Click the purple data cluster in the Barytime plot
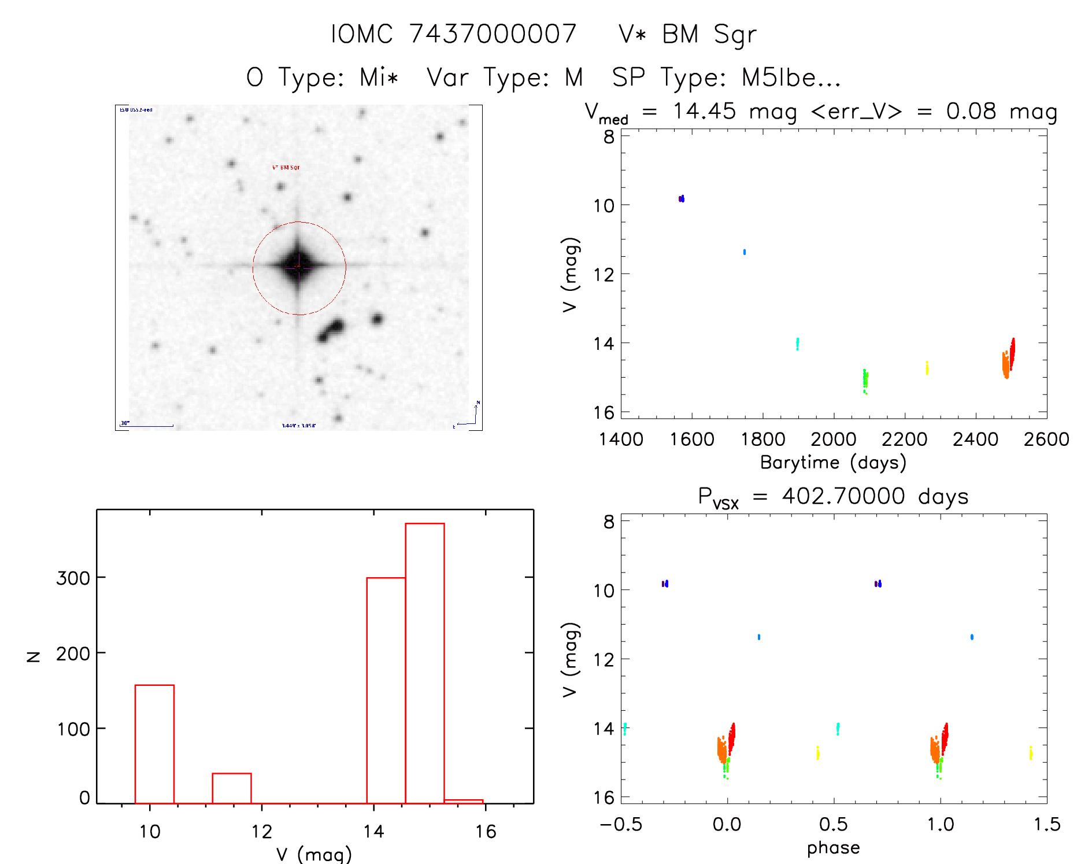coord(682,198)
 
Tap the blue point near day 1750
coord(744,252)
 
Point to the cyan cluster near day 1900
coord(797,344)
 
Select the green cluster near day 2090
coord(865,380)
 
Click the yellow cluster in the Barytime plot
coord(927,368)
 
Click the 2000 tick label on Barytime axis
coord(833,440)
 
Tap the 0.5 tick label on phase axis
coord(833,824)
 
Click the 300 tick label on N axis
coord(73,578)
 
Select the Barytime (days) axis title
coord(833,463)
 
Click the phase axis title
coord(833,848)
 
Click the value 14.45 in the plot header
coord(704,111)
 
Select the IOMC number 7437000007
coord(493,34)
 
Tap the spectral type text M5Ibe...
coord(778,77)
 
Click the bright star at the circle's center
coord(298,267)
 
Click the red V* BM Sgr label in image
coord(286,167)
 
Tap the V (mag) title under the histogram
coord(314,854)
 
